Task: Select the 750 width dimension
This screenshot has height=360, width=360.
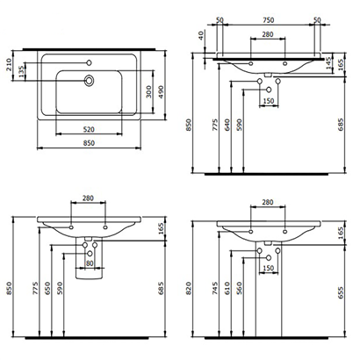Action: point(265,18)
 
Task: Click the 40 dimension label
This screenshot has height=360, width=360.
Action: point(201,37)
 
